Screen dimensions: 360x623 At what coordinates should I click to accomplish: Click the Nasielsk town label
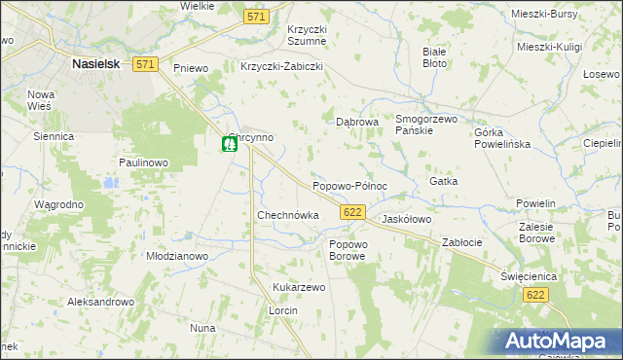click(94, 63)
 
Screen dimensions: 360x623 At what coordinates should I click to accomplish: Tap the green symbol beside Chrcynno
click(229, 145)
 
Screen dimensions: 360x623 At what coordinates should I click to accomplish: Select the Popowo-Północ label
click(349, 185)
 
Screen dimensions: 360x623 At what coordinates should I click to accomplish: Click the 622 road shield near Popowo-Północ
click(353, 211)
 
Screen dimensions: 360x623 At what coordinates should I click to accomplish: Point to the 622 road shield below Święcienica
click(533, 294)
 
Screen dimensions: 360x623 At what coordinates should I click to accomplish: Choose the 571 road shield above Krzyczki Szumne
click(256, 18)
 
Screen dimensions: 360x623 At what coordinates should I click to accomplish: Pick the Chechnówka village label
click(287, 215)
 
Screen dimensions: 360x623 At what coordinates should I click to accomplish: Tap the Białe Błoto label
click(435, 56)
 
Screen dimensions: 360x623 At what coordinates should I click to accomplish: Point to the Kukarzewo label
click(299, 287)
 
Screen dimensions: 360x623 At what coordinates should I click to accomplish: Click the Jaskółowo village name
click(407, 220)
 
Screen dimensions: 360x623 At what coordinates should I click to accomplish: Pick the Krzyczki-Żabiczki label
click(281, 67)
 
